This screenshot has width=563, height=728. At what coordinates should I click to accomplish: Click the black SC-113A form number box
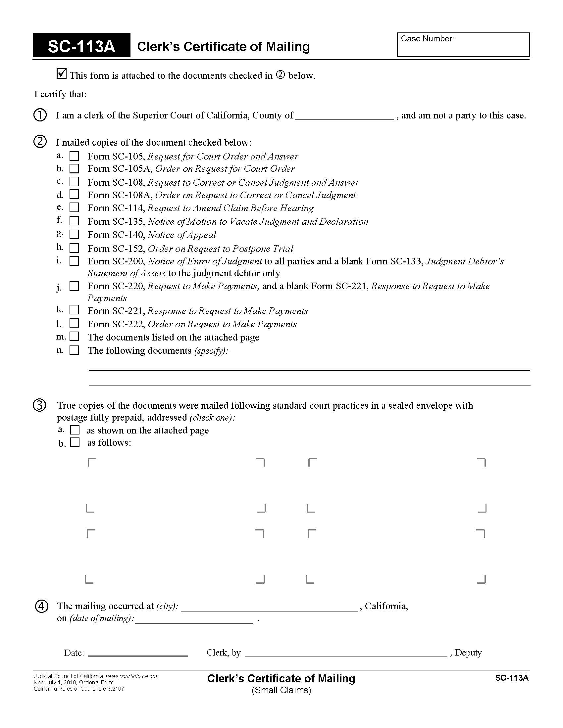click(81, 45)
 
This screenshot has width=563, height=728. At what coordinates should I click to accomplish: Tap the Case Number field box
click(463, 45)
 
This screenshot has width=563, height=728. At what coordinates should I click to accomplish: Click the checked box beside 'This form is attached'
click(62, 73)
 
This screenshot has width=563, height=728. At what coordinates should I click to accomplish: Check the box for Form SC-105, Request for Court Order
click(74, 156)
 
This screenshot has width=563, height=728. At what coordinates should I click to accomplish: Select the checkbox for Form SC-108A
click(74, 194)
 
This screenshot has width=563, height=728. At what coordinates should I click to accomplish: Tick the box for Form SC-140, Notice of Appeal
click(74, 235)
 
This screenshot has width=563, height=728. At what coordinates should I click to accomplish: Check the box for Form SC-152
click(74, 248)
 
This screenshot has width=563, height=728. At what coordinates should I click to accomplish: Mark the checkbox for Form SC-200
click(74, 261)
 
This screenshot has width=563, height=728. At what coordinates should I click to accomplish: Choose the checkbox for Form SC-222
click(74, 323)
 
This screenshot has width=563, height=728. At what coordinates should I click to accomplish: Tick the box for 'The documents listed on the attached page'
click(74, 336)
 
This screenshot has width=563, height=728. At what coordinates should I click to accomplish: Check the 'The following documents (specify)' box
click(74, 350)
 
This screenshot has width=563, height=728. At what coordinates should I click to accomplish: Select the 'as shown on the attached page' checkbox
click(75, 429)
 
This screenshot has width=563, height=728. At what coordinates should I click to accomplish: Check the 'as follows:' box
click(75, 442)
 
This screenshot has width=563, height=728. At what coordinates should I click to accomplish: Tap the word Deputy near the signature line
click(468, 652)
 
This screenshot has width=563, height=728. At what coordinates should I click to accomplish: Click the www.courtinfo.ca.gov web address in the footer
click(132, 676)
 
